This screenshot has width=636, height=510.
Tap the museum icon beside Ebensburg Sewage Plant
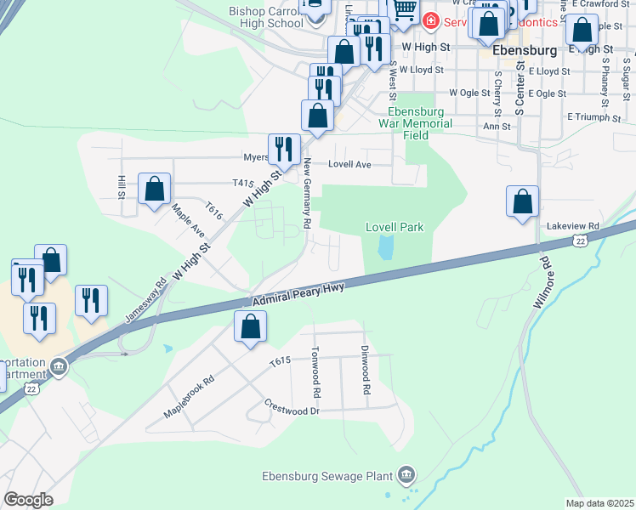click(x=406, y=473)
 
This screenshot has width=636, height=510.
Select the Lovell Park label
click(x=395, y=227)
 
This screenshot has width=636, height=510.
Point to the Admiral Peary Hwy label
click(x=298, y=294)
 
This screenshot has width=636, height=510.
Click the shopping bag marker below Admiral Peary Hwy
click(x=250, y=326)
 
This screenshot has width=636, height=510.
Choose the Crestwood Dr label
click(x=291, y=408)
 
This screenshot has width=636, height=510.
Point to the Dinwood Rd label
click(x=366, y=374)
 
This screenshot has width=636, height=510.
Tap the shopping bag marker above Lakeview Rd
click(x=522, y=202)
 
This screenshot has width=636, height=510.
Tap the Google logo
click(x=29, y=500)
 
